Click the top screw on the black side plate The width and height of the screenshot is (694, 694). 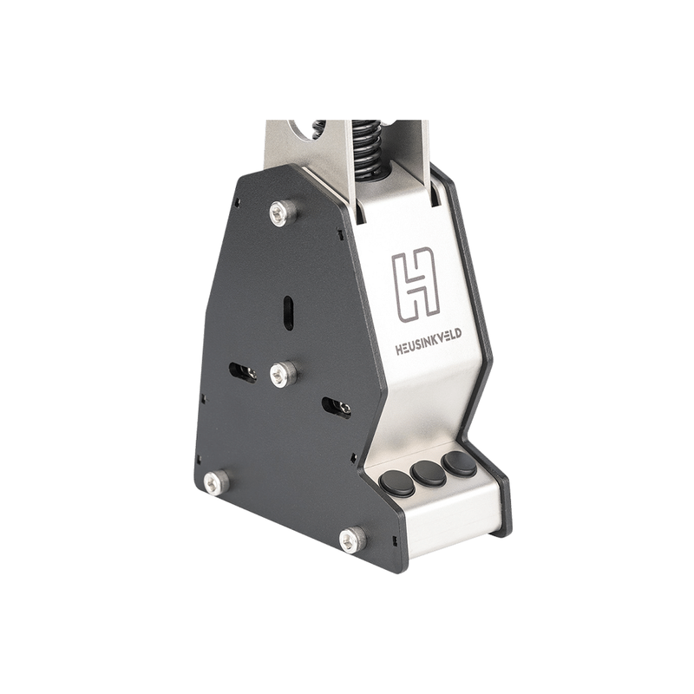pos(283,213)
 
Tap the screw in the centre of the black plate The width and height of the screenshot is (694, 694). pos(284,374)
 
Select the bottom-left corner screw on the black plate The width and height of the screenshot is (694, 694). pos(216,482)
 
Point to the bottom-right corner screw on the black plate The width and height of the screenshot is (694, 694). pos(353,539)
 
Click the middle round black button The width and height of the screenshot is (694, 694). pos(428,473)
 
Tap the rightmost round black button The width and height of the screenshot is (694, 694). pos(459,464)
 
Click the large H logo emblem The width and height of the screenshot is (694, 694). pos(416,285)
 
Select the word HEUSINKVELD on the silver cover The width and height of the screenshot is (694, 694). pos(429,343)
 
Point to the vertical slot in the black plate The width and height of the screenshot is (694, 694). pos(288,312)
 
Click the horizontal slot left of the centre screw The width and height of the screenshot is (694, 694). pos(243,373)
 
